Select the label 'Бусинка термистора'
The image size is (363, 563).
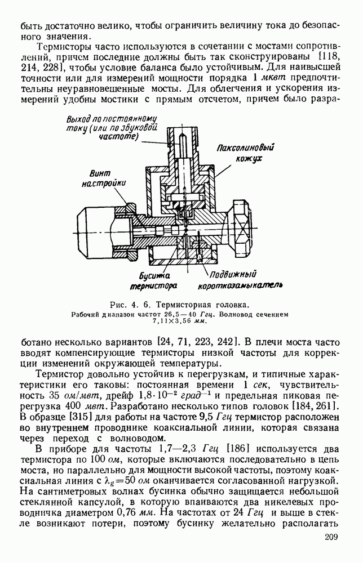(154, 280)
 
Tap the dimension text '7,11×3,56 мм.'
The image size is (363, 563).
(181, 322)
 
